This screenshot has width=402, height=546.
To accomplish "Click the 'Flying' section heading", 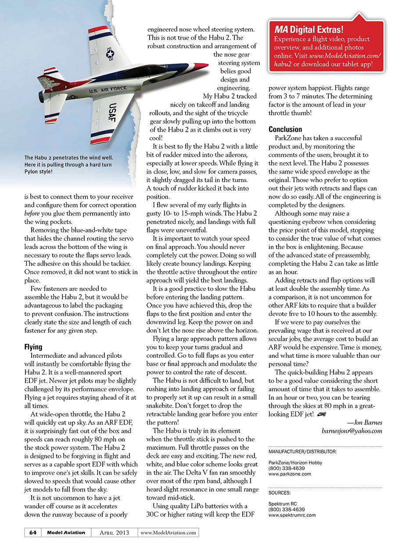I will point(33,347).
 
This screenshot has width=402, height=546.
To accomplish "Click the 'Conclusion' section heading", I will point(285,129).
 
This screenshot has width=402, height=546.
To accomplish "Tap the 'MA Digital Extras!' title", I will point(309,30).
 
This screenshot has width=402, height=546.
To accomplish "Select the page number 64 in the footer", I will point(32,532).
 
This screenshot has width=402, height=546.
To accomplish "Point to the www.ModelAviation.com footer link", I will point(169,533).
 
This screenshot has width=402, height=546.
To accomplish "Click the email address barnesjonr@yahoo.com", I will point(352,431).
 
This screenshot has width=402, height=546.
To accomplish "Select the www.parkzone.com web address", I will point(290,474).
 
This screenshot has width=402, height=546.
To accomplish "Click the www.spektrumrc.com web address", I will point(292,515).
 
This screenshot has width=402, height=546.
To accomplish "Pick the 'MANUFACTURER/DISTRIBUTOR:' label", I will point(302,451).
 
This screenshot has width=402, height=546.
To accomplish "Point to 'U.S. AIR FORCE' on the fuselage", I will point(108,90).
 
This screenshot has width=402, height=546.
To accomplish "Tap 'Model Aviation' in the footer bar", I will point(66,532).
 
